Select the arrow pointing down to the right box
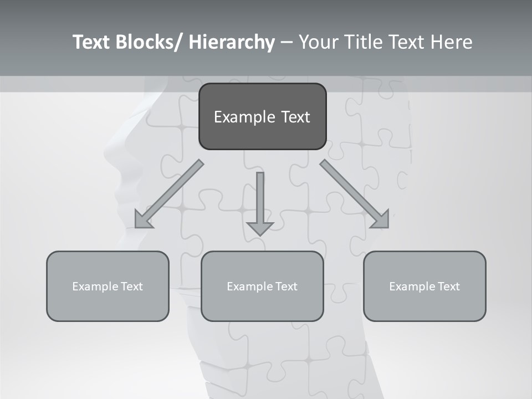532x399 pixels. coord(355,194)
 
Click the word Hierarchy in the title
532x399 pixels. coord(232,42)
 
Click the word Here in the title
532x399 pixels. coord(452,42)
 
